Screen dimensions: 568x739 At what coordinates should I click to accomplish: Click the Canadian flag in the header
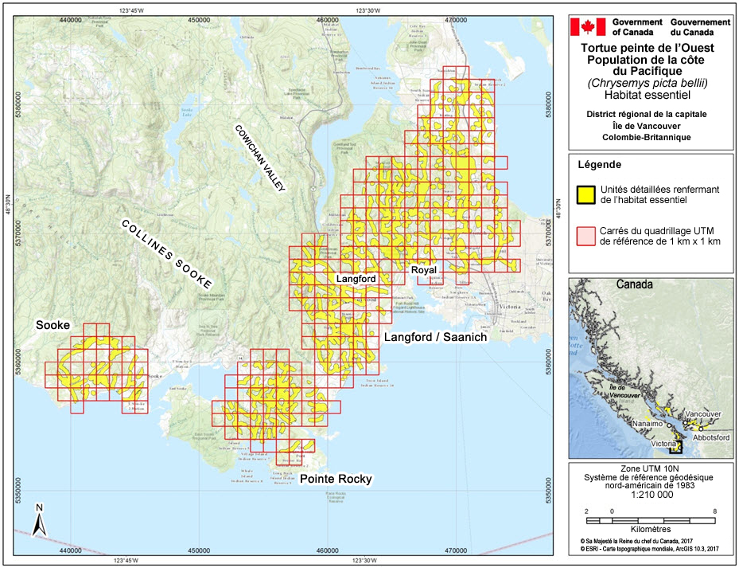click(x=589, y=27)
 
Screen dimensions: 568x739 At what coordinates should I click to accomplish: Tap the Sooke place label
click(x=53, y=326)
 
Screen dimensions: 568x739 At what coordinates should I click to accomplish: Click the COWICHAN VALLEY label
click(x=259, y=158)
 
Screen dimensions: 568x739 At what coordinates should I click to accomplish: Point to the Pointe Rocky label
click(x=336, y=479)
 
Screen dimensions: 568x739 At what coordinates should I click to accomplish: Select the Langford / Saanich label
click(x=435, y=338)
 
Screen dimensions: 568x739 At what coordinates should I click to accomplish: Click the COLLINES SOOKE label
click(x=166, y=254)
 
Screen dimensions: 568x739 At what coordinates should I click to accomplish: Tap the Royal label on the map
click(x=424, y=270)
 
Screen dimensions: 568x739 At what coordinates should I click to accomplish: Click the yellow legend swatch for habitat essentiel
click(x=586, y=194)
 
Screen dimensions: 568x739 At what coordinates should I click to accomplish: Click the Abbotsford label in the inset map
click(x=706, y=437)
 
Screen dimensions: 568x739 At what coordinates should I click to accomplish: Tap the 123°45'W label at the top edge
click(x=132, y=10)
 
